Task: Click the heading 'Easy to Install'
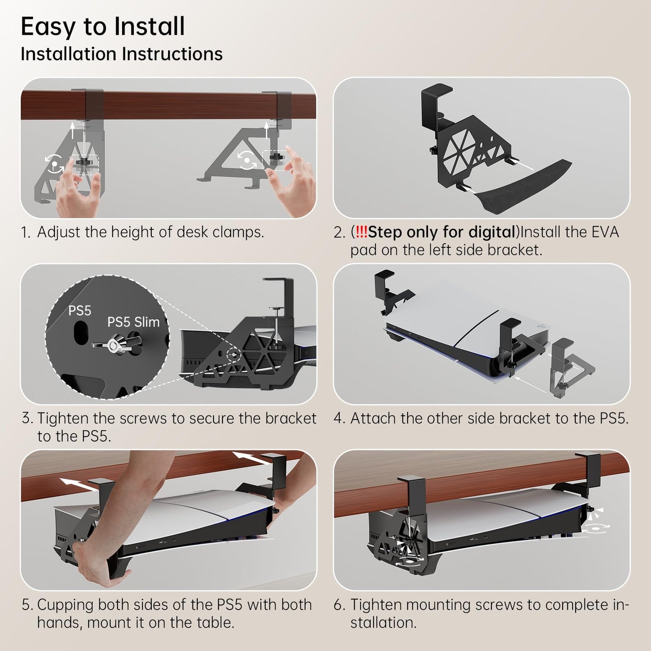pos(103,27)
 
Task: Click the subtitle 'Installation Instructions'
pos(122,54)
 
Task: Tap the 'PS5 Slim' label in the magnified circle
pos(133,322)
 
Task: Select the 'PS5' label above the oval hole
pos(80,311)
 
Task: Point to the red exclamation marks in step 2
pos(361,232)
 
